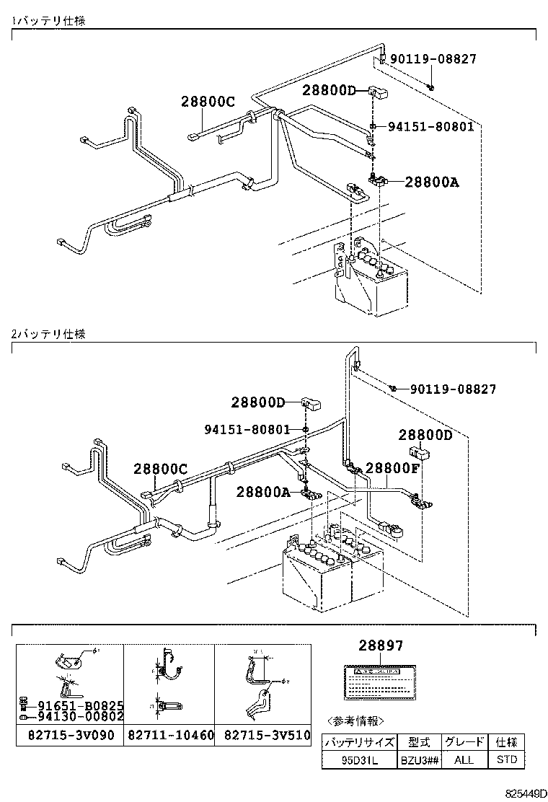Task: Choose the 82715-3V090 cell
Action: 70,736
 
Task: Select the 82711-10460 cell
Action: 169,736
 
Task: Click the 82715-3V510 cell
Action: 262,736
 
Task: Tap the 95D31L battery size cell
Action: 358,759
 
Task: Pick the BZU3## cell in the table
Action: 418,759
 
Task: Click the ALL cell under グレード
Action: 464,759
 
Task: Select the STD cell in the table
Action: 507,759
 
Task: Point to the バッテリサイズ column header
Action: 358,742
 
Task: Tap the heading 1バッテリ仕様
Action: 48,21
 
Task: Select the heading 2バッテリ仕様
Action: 48,335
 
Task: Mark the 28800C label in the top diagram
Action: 208,102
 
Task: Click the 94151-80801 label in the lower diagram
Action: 247,429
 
